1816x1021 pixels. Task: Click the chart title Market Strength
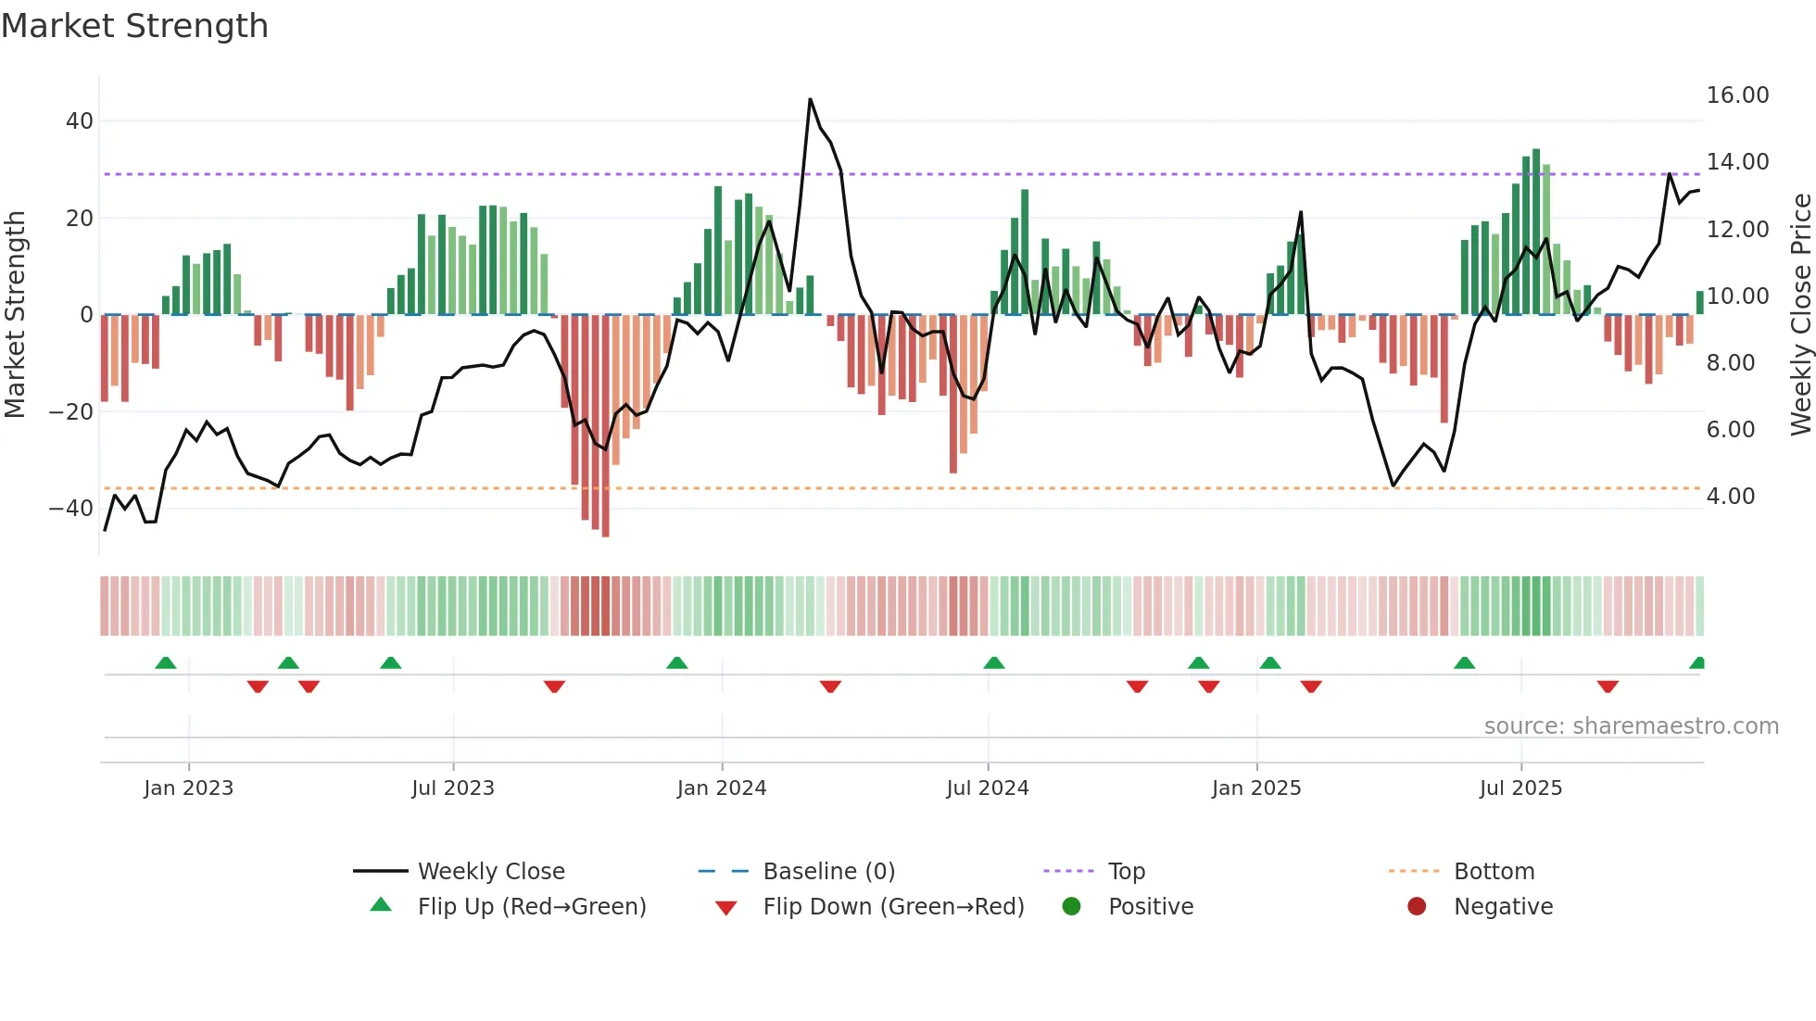(x=134, y=26)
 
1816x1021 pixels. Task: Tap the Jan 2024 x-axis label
(x=722, y=788)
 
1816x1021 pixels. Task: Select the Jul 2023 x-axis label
(x=453, y=788)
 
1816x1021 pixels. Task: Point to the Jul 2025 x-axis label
(x=1520, y=788)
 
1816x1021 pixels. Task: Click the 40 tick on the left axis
(x=80, y=121)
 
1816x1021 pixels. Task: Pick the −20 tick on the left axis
(x=71, y=411)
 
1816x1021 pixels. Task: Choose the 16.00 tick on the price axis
(x=1737, y=95)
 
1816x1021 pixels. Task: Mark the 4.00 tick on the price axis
(x=1731, y=497)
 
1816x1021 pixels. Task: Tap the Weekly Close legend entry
(x=490, y=872)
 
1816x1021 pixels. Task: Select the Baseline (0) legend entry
(x=828, y=872)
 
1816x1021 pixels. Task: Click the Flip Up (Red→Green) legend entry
(x=531, y=907)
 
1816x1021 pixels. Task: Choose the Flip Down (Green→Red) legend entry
(x=893, y=907)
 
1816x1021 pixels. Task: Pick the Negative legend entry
(x=1502, y=907)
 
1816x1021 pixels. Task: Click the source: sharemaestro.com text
(x=1631, y=726)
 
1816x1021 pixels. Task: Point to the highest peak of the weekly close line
(x=810, y=99)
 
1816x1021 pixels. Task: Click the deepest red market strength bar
(x=606, y=426)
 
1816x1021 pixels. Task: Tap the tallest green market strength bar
(x=1536, y=232)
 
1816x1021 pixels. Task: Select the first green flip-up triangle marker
(x=166, y=662)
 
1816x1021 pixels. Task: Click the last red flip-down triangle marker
(x=1608, y=687)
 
